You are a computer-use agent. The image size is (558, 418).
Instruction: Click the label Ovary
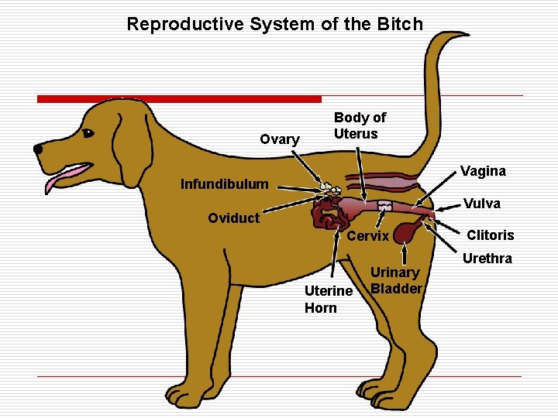(x=280, y=139)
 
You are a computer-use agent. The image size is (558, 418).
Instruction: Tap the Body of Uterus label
(x=359, y=125)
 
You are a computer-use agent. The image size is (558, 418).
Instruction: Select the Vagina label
(x=483, y=171)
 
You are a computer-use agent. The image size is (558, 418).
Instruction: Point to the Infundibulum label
(x=224, y=184)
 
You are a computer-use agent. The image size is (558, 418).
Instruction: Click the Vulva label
(x=481, y=204)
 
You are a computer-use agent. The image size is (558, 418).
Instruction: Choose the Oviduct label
(x=233, y=218)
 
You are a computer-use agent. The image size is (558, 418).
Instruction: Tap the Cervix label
(x=367, y=236)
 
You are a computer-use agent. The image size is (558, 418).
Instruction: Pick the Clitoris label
(x=490, y=235)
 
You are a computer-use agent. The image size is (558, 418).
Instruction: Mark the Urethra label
(x=487, y=259)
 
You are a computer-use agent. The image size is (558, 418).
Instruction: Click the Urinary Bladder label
(x=395, y=280)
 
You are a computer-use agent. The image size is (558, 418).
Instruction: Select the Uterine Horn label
(x=329, y=300)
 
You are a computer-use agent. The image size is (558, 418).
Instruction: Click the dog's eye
(x=87, y=133)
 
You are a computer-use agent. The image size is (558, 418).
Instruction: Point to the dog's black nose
(x=38, y=149)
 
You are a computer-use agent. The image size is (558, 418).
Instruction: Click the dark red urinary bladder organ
(x=406, y=232)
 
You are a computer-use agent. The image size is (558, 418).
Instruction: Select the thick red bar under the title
(x=179, y=99)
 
